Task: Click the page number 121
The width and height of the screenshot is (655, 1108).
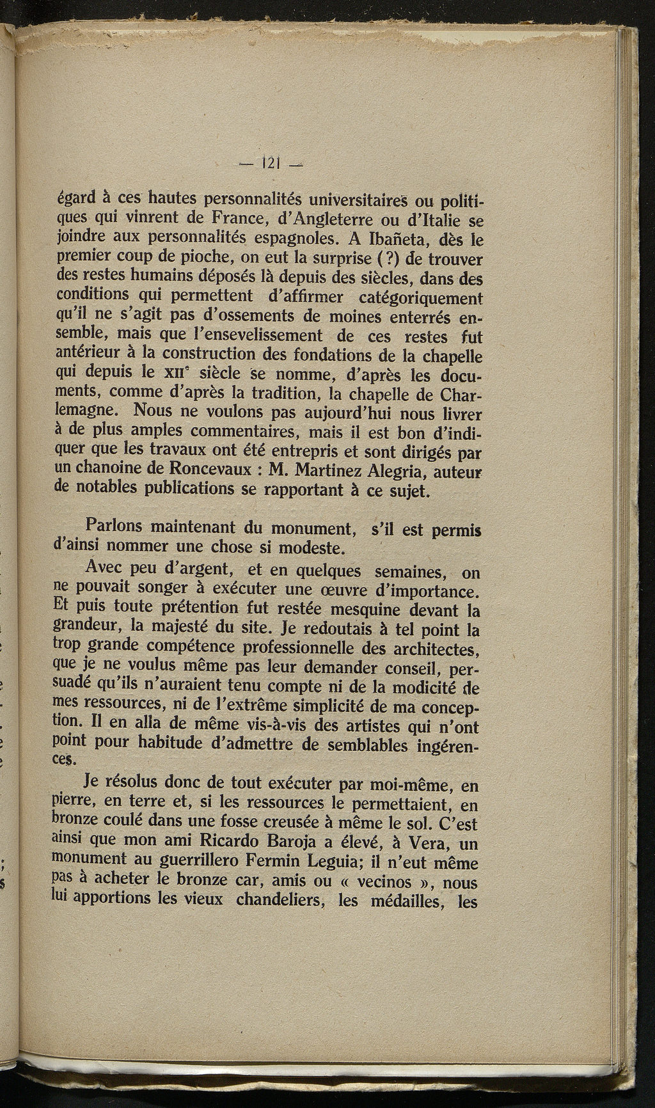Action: click(271, 164)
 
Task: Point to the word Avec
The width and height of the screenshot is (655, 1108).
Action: click(106, 567)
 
